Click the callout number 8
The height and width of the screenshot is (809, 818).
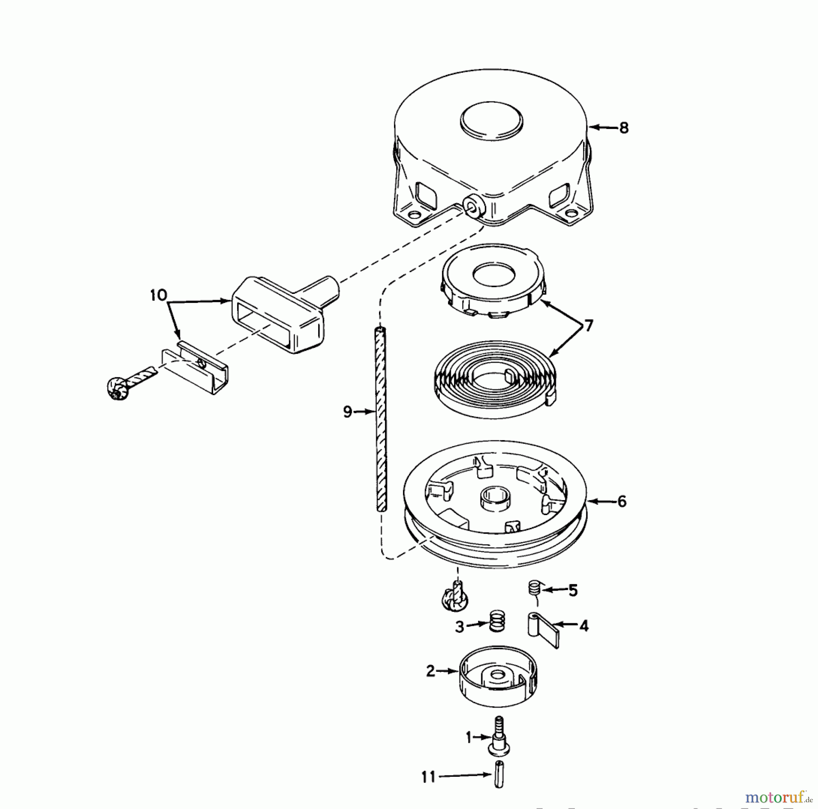tap(624, 128)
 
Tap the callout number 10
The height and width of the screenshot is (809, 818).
tap(159, 295)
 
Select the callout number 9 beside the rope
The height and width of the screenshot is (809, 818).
tap(348, 412)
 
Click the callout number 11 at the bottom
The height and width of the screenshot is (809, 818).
tap(429, 777)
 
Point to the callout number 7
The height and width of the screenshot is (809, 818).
tap(589, 326)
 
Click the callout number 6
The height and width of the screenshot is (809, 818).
tap(622, 501)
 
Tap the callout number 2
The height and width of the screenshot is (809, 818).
tap(431, 670)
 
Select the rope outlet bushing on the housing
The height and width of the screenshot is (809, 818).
tap(475, 208)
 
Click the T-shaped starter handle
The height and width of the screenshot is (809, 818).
tap(282, 313)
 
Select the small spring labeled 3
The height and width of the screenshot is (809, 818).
tap(497, 620)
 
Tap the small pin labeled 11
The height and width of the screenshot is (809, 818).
tap(499, 777)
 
